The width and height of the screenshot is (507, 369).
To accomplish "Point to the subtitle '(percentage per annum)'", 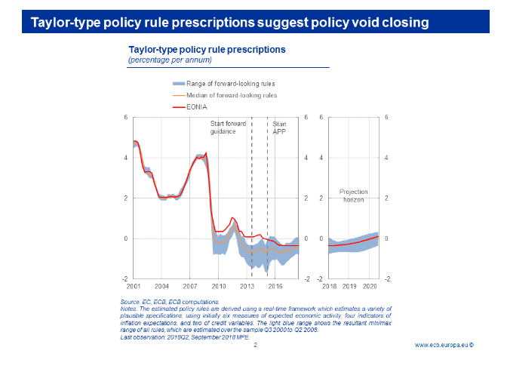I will click(170, 59).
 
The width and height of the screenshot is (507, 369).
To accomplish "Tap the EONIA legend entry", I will click(200, 107).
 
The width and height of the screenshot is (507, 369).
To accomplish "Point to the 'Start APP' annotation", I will click(279, 127).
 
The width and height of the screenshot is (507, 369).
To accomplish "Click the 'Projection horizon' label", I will click(352, 196).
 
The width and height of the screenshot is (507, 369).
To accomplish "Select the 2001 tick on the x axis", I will click(134, 287).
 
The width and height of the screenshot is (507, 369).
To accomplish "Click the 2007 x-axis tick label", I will click(190, 287).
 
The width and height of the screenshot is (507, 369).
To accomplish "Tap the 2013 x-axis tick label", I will click(247, 287).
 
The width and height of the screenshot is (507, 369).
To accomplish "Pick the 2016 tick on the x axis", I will click(275, 287).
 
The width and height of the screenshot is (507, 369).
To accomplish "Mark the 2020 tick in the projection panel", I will click(370, 287).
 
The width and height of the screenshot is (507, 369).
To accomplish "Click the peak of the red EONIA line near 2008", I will click(206, 153).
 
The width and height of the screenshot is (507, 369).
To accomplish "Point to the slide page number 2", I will click(255, 346).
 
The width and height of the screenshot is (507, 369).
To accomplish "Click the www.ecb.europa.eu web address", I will click(444, 346).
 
